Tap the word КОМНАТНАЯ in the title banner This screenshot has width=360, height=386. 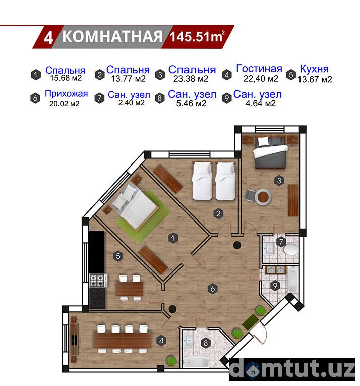coord(112,37)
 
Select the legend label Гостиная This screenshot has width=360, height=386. coord(259,69)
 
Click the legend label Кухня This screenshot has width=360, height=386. coord(314,69)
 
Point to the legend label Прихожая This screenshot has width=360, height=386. coord(67,94)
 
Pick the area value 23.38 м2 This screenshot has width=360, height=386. coord(191,79)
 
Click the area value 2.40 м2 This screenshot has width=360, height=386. coord(131,102)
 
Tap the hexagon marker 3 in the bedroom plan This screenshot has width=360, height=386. coord(279,181)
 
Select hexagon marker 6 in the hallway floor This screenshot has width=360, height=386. coord(213,289)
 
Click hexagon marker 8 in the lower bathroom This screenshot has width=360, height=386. coord(206,343)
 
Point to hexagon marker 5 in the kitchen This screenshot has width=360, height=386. coord(118,256)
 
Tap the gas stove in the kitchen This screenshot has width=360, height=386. coord(98,281)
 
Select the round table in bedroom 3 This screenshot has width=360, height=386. coord(263,197)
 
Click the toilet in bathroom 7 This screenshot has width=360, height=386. coord(291,250)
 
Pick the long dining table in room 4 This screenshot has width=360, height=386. coord(123,340)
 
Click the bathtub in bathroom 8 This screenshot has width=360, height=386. coord(196,362)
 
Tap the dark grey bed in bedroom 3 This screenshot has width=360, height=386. coord(270,152)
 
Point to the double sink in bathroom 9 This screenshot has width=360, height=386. coord(275,270)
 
